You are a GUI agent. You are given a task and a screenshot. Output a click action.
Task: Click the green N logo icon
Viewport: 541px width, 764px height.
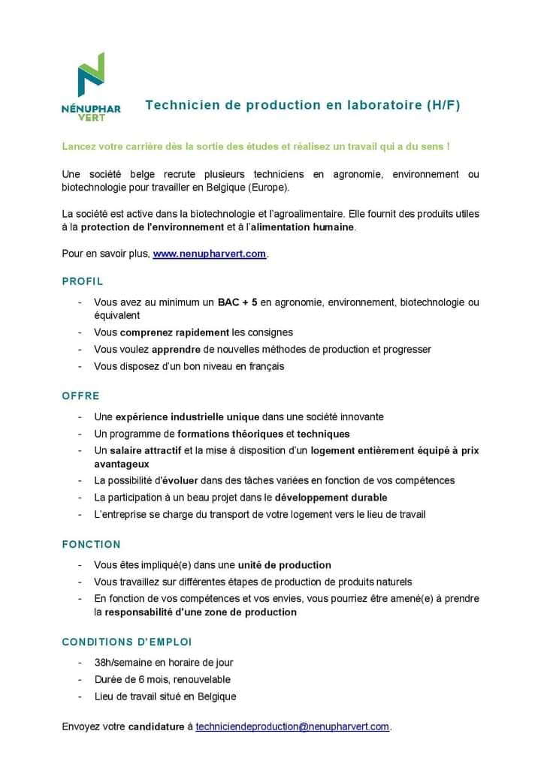[x=91, y=75]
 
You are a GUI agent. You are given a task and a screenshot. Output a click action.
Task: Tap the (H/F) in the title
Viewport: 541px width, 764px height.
[x=442, y=105]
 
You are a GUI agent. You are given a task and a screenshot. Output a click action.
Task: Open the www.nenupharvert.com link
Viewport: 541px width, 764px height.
[x=210, y=254]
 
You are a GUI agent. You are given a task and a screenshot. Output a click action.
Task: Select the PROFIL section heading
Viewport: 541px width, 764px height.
[x=82, y=281]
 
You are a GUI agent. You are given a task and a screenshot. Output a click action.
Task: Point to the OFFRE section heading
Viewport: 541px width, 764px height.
[x=80, y=396]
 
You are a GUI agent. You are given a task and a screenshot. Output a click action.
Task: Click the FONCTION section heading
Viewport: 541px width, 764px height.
[x=91, y=544]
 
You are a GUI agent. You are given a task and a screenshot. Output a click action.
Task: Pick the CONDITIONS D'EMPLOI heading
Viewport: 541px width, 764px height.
[x=126, y=642]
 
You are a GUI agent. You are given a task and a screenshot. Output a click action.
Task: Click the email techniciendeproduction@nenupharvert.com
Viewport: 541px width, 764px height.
[x=292, y=726]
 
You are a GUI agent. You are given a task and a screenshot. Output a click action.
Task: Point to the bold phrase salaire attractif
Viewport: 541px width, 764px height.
[x=144, y=450]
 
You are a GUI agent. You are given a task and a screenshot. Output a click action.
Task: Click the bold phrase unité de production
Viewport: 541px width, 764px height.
[x=285, y=564]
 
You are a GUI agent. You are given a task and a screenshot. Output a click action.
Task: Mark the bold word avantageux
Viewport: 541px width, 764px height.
[x=122, y=464]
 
